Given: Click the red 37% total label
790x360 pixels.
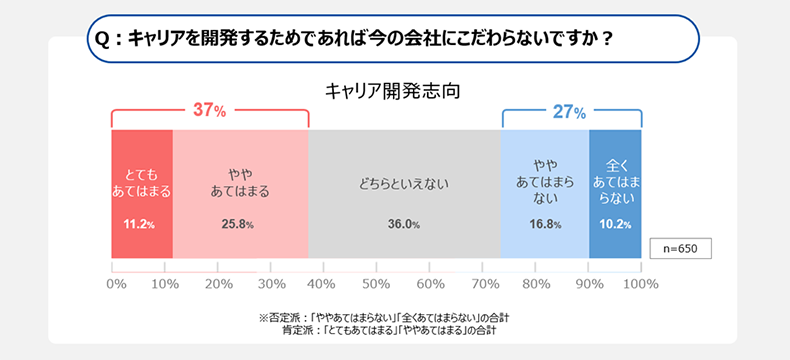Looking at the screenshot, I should click(x=209, y=111).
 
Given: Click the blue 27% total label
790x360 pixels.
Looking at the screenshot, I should click(x=568, y=111).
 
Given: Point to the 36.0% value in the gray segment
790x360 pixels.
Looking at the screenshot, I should click(x=403, y=224).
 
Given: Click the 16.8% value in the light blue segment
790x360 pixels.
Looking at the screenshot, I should click(x=545, y=224).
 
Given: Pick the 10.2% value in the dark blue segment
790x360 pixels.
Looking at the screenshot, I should click(x=614, y=224).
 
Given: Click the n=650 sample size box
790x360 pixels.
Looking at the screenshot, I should click(x=680, y=248).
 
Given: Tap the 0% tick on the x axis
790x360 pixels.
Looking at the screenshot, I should click(x=116, y=284).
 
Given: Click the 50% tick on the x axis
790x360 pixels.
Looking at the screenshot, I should click(x=376, y=284).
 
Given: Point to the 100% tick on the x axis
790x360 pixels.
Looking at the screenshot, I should click(x=640, y=284).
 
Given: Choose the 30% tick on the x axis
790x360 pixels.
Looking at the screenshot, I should click(x=272, y=284).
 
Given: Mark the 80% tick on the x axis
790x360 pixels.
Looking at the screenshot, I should click(x=535, y=284).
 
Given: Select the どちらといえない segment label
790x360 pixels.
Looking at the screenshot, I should click(x=403, y=183).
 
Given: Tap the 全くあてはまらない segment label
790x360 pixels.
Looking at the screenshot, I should click(x=614, y=181).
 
